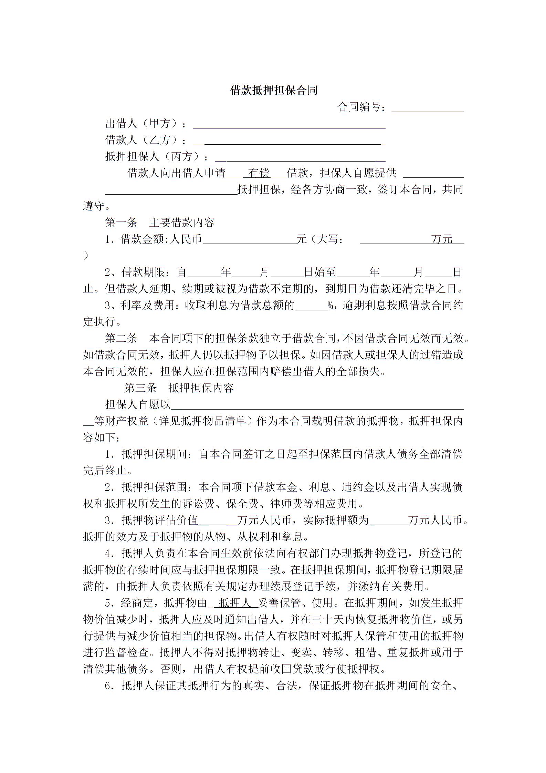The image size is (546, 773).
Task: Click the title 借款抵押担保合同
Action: coord(273,91)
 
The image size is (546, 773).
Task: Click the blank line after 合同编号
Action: coord(428,108)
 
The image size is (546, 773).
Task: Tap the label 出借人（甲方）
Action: coord(142,124)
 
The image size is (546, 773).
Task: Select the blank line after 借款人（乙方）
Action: coord(289,141)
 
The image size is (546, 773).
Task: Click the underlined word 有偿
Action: coord(260,173)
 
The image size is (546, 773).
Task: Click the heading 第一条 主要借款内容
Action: coord(160,223)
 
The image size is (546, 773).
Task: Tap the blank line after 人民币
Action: coord(250,240)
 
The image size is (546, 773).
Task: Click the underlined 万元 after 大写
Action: coord(442,239)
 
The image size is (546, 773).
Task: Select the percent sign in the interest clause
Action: coord(331,306)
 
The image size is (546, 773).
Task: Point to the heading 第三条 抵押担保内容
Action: coord(179,388)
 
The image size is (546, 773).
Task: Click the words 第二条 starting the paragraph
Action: coord(121,339)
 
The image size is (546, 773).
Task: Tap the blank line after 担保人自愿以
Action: coord(317,405)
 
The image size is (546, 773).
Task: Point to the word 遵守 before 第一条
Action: coord(94,206)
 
